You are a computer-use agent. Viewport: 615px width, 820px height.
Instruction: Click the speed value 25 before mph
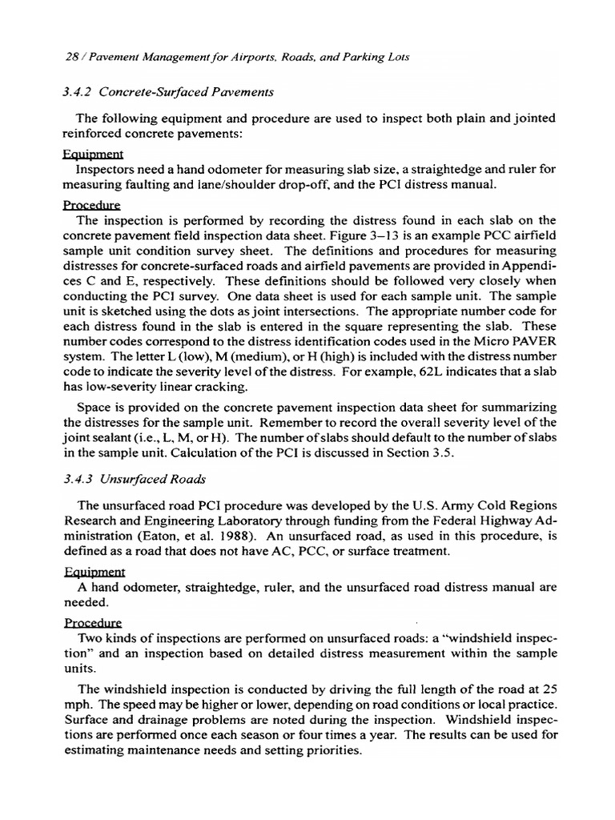[549, 689]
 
